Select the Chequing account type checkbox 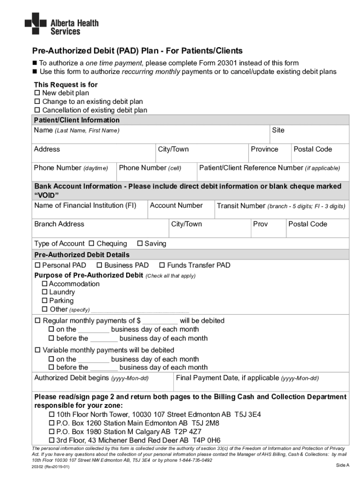point(92,243)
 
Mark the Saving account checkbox point(140,243)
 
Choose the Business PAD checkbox point(100,265)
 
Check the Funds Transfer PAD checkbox point(162,265)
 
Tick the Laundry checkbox point(45,292)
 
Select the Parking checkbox point(45,301)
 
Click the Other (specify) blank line point(140,310)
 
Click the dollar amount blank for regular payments point(160,321)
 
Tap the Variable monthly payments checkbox point(37,350)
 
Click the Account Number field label point(176,205)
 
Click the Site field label point(278,130)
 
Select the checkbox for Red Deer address point(51,440)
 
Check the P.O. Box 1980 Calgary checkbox point(51,432)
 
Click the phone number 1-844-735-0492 point(191,460)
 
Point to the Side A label point(343,465)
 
